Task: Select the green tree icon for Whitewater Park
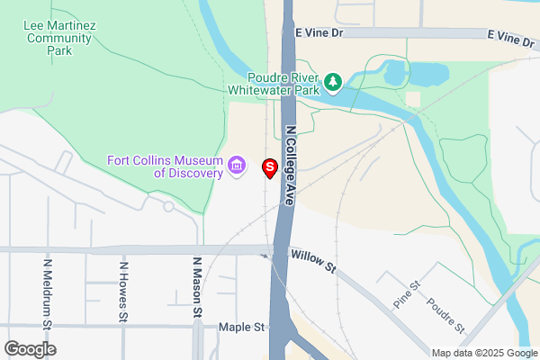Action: click(333, 83)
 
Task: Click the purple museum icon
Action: click(237, 165)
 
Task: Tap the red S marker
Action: click(269, 167)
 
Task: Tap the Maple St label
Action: click(242, 328)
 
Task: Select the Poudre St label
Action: click(445, 314)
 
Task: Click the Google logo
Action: click(30, 348)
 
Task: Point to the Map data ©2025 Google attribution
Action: click(483, 353)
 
